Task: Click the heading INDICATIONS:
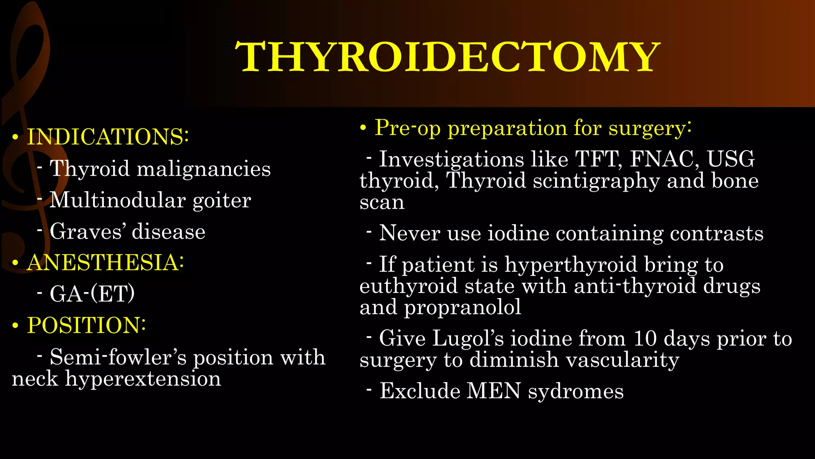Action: click(x=107, y=137)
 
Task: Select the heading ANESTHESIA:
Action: click(x=105, y=263)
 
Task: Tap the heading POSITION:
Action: click(x=86, y=325)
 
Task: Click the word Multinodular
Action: click(x=117, y=200)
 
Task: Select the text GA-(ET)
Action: click(x=92, y=294)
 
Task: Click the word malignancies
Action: click(x=204, y=169)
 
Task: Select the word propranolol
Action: click(x=463, y=307)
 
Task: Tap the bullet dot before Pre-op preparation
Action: click(x=363, y=128)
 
